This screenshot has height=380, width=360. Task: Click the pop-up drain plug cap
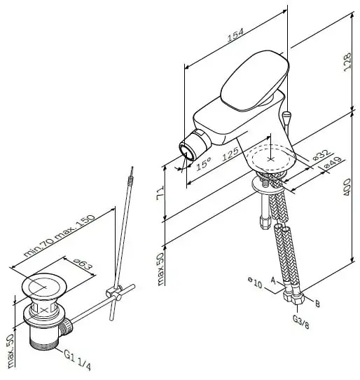[44, 285]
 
